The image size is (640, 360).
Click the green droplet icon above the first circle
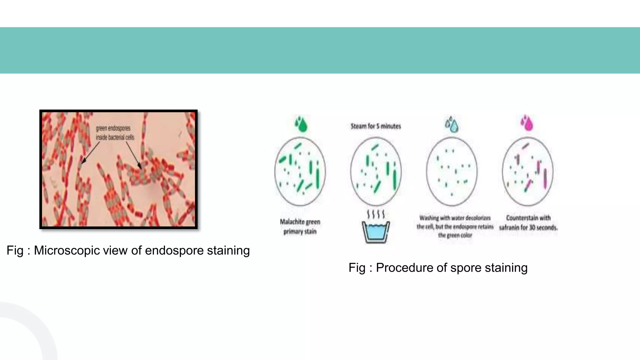301,124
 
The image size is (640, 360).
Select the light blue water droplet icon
452,124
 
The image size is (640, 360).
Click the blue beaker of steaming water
376,232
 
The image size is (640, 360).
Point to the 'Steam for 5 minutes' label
376,126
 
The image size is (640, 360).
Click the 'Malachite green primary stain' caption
300,227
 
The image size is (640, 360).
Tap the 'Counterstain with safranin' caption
528,222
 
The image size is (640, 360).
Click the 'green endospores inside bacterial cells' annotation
115,133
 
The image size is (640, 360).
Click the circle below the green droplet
300,171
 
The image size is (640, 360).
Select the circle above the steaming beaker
376,171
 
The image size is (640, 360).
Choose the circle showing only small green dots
452,171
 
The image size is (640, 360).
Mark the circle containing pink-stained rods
527,171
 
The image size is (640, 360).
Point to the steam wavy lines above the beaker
376,214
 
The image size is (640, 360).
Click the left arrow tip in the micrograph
82,163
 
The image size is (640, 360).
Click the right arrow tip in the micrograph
141,169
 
